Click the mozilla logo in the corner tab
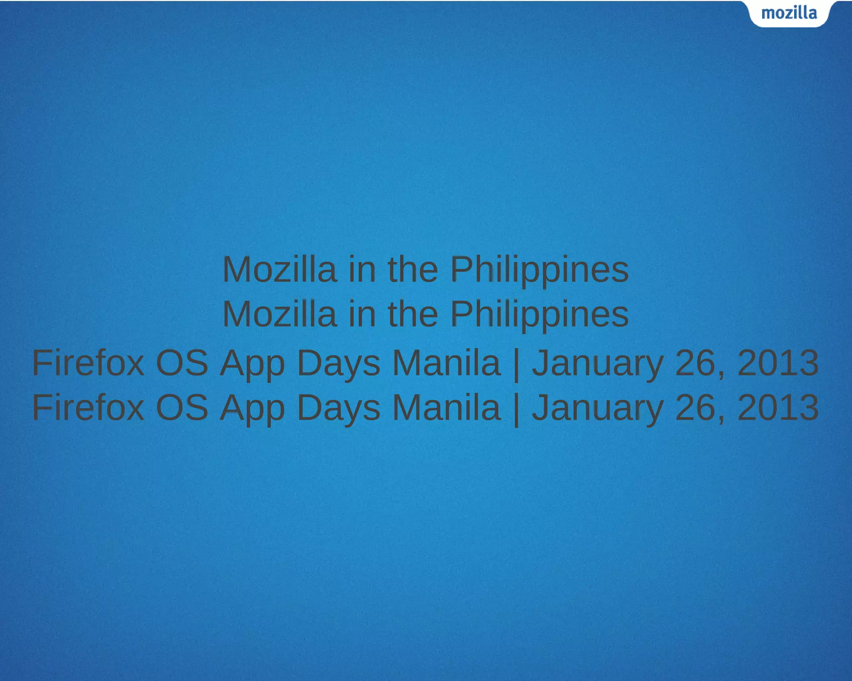(x=789, y=13)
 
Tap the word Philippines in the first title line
(x=540, y=270)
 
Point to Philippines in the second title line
(x=540, y=315)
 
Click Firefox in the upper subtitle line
(x=88, y=363)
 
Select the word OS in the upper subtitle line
(x=182, y=363)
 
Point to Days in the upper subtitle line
(x=338, y=364)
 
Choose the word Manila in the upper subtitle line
(x=446, y=363)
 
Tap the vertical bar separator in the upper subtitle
(x=516, y=365)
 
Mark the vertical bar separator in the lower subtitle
(x=516, y=409)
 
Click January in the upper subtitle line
(x=598, y=364)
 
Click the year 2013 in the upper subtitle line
(x=778, y=363)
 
